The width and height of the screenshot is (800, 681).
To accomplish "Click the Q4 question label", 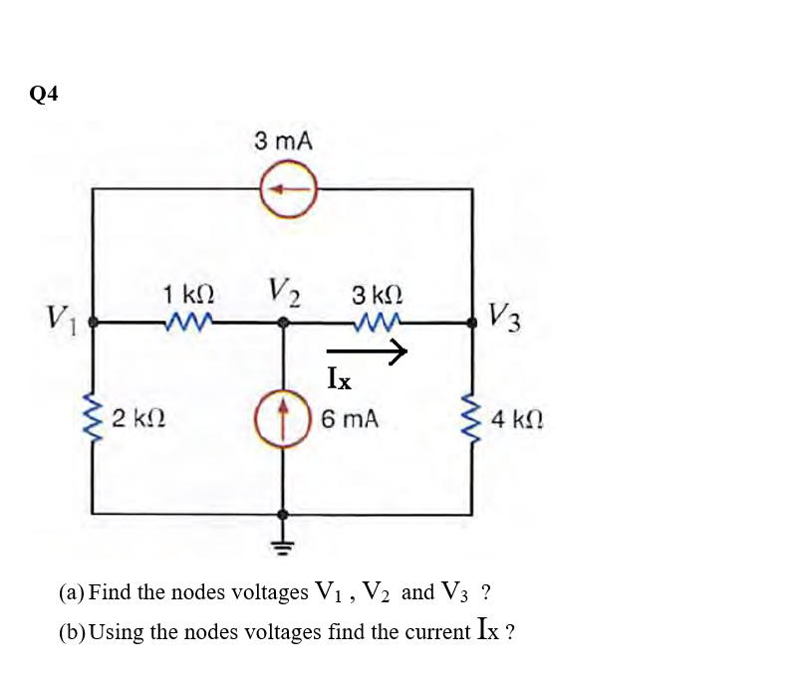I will (44, 94).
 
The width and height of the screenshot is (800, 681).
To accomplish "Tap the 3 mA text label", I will (283, 141).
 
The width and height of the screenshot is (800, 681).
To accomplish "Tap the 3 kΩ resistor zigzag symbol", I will (379, 322).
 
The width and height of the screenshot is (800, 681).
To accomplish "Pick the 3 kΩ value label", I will (378, 296).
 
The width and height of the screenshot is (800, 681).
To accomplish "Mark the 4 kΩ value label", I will (516, 418).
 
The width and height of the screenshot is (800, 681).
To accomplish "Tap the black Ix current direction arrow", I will (368, 350).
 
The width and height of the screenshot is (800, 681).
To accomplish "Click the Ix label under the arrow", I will (339, 378).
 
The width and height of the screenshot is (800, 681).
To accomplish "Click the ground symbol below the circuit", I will (286, 542).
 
